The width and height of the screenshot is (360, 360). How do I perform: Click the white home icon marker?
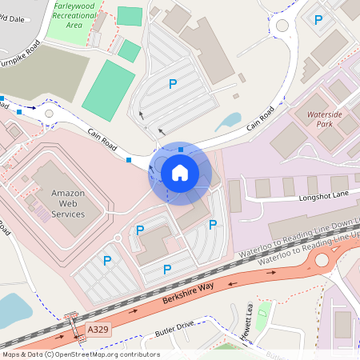pos(180,172)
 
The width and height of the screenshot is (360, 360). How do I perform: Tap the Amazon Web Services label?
pos(68,203)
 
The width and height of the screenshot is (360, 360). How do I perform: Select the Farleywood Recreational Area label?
pos(74,14)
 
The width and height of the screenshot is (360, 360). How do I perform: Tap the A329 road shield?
pos(98,329)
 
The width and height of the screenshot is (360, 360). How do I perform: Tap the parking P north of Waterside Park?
pos(318,20)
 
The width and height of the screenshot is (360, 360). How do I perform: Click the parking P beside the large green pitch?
pos(171,83)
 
